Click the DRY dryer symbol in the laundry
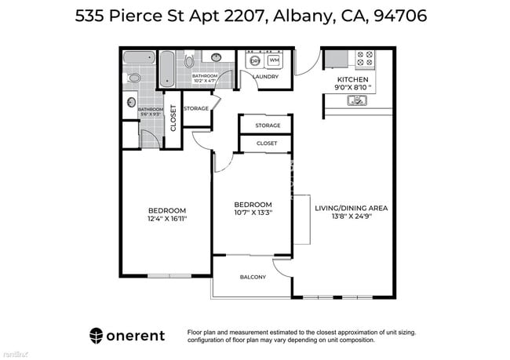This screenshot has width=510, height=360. (x=254, y=60)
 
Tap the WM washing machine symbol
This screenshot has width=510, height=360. (x=274, y=60)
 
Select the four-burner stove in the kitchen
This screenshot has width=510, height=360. (x=365, y=58)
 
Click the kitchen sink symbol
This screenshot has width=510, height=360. (x=358, y=100)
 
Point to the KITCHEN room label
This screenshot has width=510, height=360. (x=352, y=80)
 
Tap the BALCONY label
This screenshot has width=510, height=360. (x=253, y=277)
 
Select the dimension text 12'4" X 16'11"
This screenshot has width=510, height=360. (x=167, y=218)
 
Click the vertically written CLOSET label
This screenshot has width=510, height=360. (x=173, y=116)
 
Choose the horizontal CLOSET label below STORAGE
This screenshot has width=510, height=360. (x=267, y=144)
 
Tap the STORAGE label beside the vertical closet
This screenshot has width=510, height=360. (x=196, y=108)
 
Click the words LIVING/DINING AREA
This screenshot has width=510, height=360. (x=352, y=208)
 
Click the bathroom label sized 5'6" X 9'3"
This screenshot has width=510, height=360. (x=151, y=111)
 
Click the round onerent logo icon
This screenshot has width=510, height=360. (x=97, y=335)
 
